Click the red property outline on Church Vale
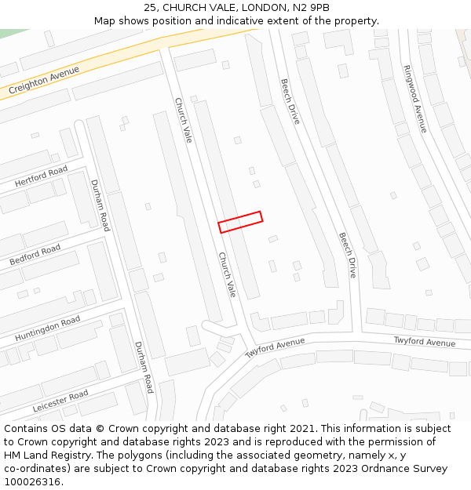[x=240, y=222]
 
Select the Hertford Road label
[x=42, y=177]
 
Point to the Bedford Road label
[x=35, y=255]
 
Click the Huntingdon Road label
[x=47, y=328]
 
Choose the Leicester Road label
[x=60, y=401]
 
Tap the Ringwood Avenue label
[x=414, y=98]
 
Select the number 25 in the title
[x=151, y=8]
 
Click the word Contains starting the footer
[x=26, y=429]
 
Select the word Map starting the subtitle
[x=104, y=21]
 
